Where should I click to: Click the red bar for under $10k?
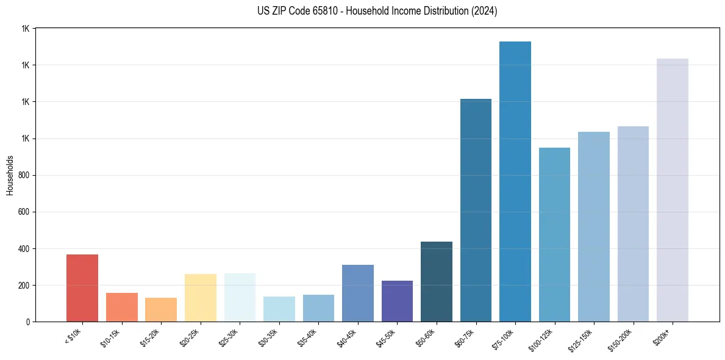(x=82, y=288)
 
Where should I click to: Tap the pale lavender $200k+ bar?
(x=673, y=190)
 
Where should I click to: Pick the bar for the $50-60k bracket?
(x=437, y=282)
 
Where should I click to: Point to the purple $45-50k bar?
(x=397, y=301)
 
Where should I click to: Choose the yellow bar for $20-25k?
(x=200, y=298)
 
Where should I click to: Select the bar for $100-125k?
(x=554, y=235)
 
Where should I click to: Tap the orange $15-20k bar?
(x=161, y=310)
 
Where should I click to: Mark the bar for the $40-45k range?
(x=358, y=293)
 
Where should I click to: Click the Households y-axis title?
(x=10, y=175)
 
